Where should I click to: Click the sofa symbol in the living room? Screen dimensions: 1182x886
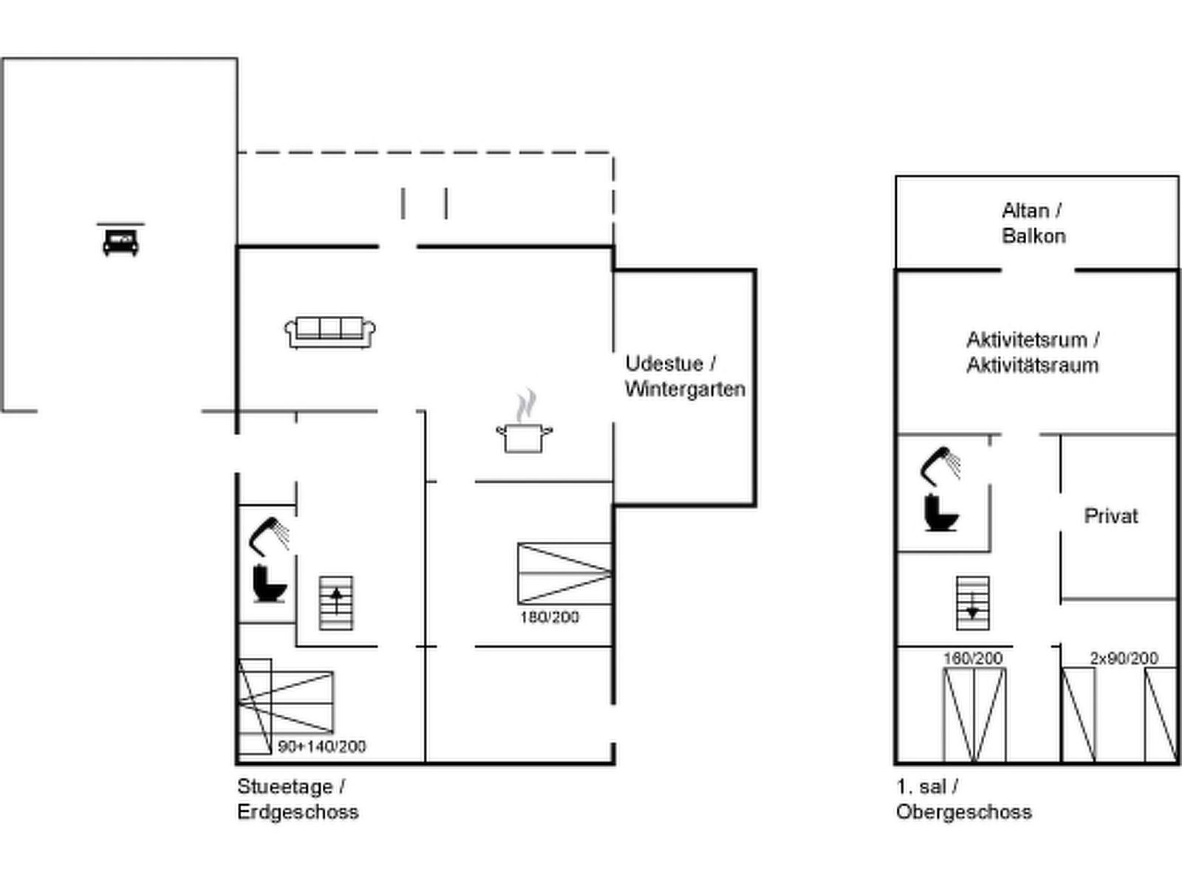coord(329,332)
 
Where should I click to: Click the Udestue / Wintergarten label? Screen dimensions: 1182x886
coord(685,377)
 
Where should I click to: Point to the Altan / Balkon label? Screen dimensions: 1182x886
coord(1034,223)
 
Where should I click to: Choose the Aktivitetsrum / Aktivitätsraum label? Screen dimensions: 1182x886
coord(1033,353)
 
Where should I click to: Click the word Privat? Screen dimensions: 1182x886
coord(1111,516)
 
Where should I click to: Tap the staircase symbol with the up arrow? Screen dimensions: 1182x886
coord(337,603)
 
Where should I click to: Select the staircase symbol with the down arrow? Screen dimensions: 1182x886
coord(972,603)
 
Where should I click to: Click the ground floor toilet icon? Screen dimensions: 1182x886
coord(269,584)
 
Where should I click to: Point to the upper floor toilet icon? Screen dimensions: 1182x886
coord(941,512)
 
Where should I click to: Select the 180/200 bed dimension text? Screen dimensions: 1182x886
coord(550,617)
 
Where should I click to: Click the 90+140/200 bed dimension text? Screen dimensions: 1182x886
coord(322,746)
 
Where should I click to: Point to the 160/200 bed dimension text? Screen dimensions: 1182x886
coord(973,658)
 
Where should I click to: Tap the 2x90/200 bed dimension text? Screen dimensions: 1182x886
coord(1124,658)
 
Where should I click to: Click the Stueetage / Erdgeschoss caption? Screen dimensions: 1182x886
coord(298,799)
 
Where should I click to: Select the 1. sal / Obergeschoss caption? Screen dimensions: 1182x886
coord(964,799)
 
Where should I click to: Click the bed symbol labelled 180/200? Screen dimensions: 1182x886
coord(565,574)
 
